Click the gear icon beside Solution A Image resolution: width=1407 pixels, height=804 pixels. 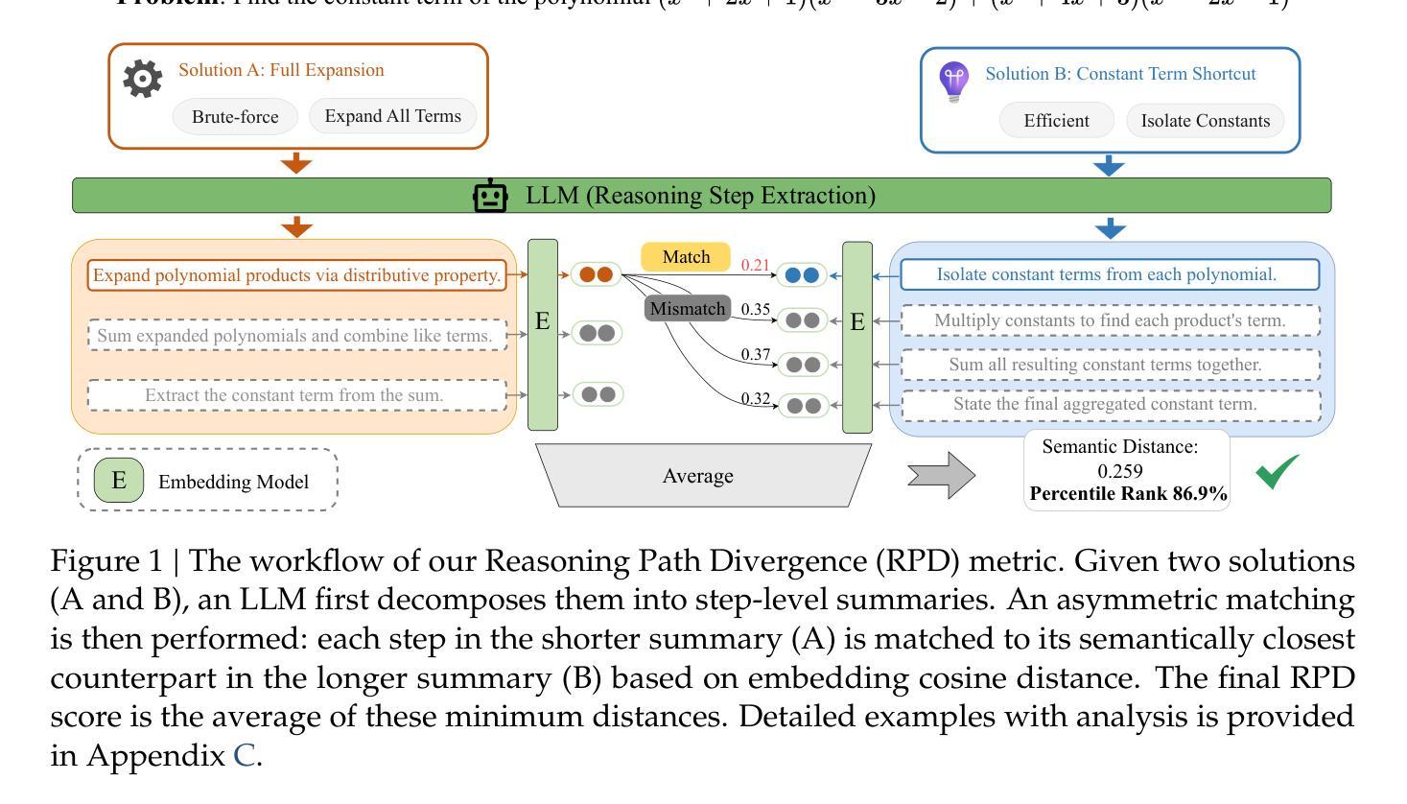point(143,79)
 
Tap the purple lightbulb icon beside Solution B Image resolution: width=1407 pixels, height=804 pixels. point(953,83)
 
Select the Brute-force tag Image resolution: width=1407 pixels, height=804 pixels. point(235,117)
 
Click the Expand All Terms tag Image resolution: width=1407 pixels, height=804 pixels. point(392,116)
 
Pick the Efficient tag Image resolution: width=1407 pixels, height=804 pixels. point(1056,121)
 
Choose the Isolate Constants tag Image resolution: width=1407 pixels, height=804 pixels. point(1205,121)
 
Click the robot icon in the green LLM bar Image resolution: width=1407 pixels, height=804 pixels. point(490,196)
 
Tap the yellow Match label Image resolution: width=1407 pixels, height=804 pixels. point(686,257)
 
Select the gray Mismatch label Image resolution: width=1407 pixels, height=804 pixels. point(688,309)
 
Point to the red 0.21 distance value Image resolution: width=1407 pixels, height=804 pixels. point(755,265)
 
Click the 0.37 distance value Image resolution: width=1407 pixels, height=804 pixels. point(755,355)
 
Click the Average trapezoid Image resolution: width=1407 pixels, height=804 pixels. point(698,476)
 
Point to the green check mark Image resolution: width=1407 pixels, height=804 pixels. point(1278,471)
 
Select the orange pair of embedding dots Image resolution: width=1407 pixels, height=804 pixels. point(596,274)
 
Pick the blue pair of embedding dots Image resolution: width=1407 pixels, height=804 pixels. point(801,275)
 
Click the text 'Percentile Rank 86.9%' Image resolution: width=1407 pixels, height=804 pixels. point(1128,494)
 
